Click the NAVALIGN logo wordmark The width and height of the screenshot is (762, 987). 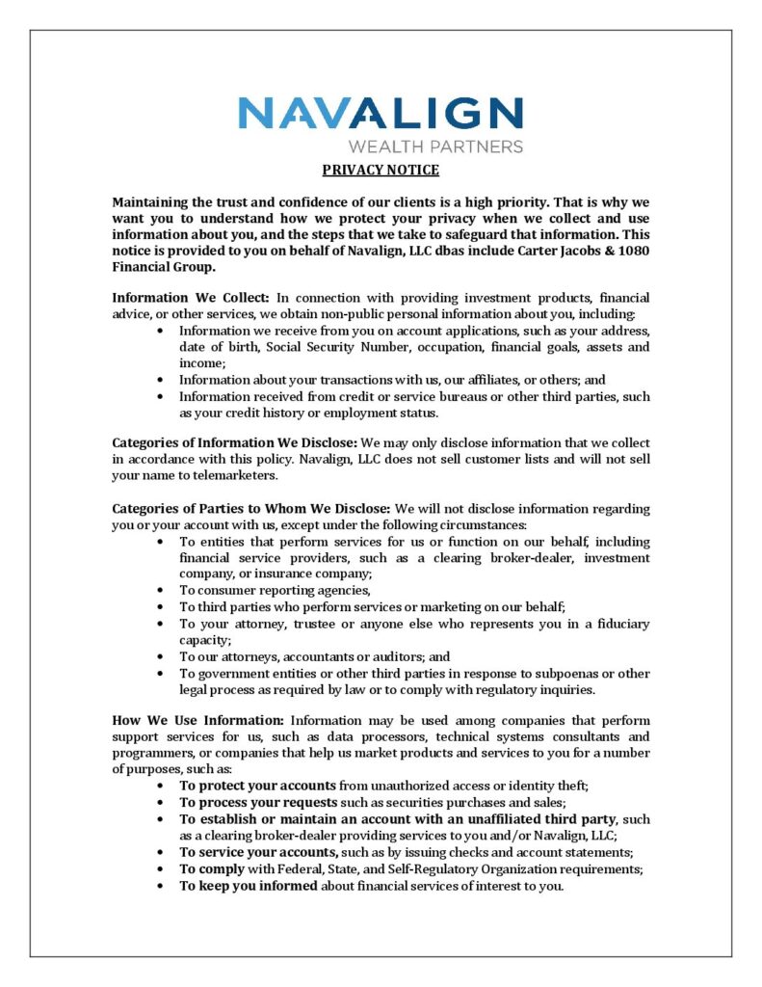pos(381,114)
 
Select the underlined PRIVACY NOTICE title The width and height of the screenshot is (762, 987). pos(381,171)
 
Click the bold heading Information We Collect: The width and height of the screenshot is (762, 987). pos(192,298)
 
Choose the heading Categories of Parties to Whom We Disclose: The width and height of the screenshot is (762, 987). pos(251,509)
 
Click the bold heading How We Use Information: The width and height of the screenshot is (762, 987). pos(197,721)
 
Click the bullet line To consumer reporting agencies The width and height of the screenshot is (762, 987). pos(275,590)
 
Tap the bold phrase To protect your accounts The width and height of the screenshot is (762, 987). pos(257,787)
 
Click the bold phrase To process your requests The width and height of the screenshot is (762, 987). pos(258,803)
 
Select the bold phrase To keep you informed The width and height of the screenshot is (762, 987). pos(246,886)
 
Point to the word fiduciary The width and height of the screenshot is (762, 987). pos(601,624)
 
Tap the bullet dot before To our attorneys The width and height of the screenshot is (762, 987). pos(159,657)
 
